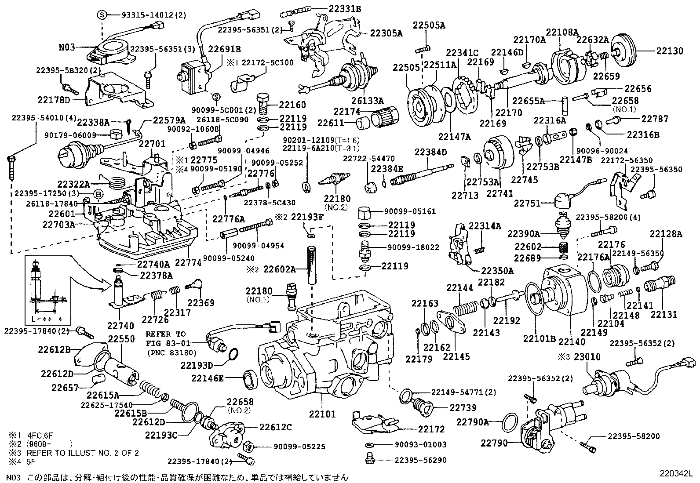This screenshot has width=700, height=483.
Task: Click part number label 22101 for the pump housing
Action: pos(322,414)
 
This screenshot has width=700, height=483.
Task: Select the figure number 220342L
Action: pos(675,473)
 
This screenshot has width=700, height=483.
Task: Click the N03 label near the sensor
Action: pos(67,47)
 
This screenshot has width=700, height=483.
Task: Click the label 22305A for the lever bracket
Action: pos(386,33)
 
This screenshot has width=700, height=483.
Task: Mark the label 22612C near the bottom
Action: pos(275,427)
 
